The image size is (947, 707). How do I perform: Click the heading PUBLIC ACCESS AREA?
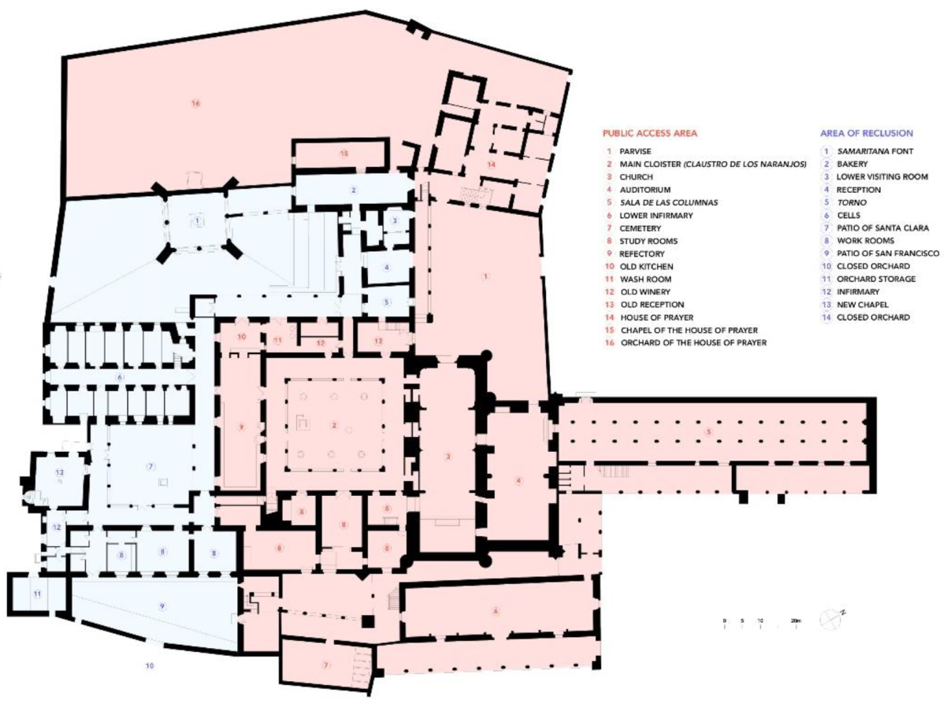(x=650, y=133)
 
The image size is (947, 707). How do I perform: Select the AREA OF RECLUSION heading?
(x=866, y=133)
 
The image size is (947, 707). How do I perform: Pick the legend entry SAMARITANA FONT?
(x=875, y=151)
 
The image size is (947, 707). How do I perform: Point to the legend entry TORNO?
(x=849, y=202)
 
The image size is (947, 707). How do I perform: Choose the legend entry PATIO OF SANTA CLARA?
(x=882, y=228)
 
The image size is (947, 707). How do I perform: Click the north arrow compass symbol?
(x=831, y=620)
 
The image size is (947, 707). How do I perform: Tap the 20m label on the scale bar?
(x=796, y=621)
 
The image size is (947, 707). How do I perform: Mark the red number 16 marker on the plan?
(x=195, y=103)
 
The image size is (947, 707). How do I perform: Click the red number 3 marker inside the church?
(x=448, y=456)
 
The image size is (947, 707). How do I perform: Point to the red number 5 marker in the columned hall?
(x=708, y=431)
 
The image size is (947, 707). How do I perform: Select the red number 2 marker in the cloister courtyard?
(x=334, y=426)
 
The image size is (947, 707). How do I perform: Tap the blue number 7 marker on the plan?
(x=150, y=466)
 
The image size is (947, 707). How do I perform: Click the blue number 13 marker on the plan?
(x=58, y=471)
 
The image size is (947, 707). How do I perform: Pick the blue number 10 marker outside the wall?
(x=150, y=666)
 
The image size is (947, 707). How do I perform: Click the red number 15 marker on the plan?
(x=344, y=153)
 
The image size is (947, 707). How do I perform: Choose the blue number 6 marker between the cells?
(x=121, y=378)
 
